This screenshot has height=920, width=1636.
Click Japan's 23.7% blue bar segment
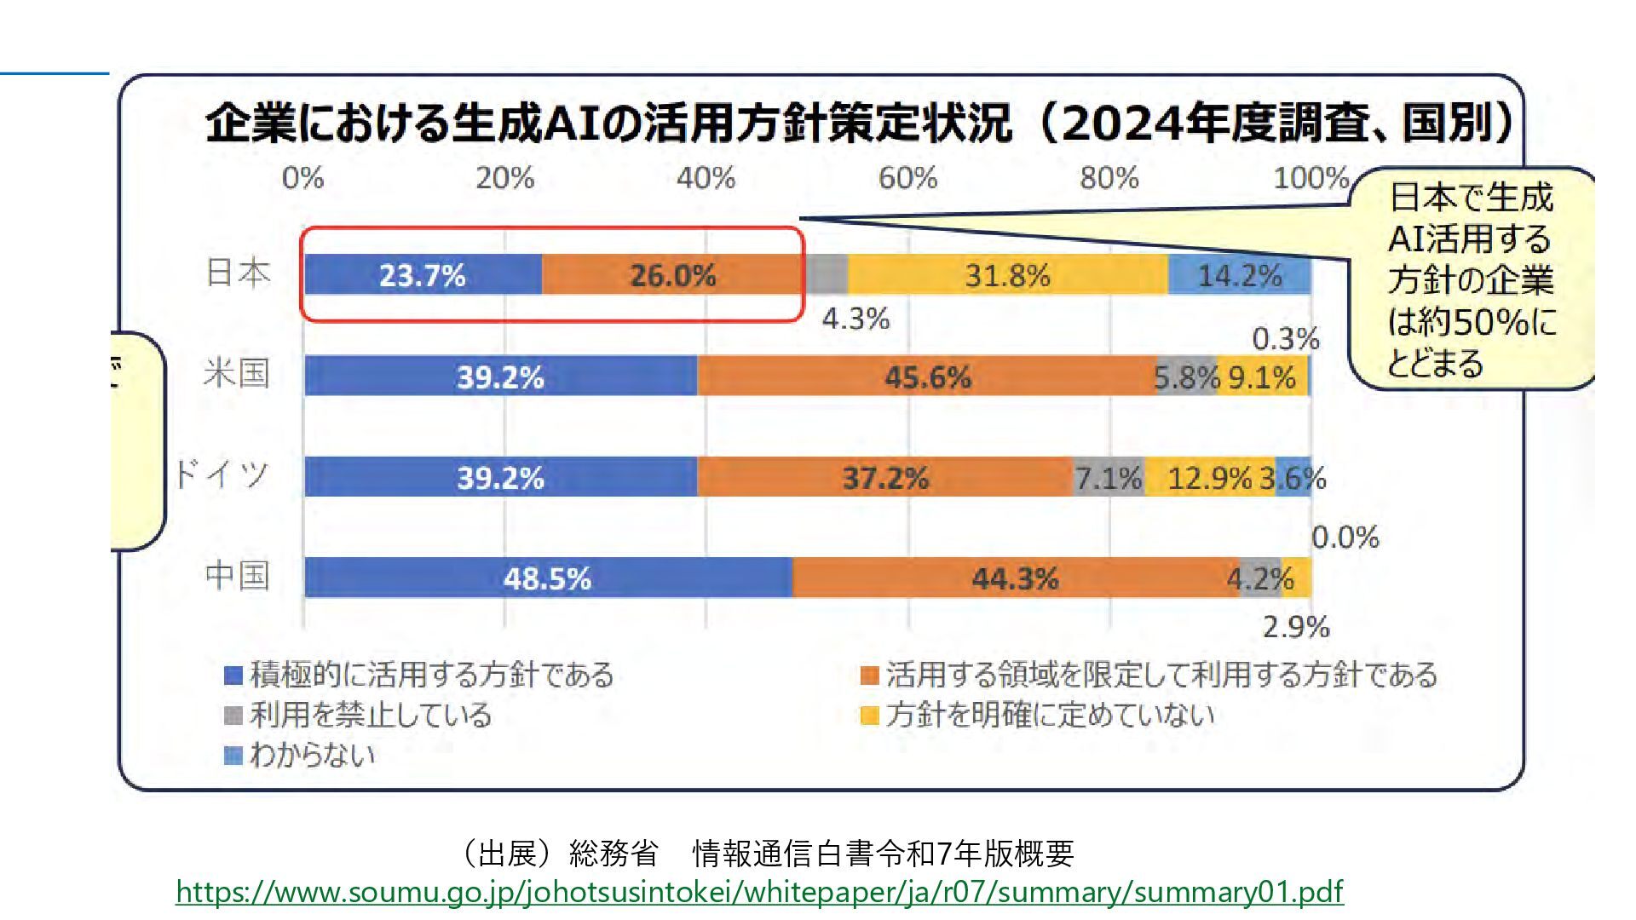tap(423, 275)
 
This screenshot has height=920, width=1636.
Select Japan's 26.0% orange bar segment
tap(672, 275)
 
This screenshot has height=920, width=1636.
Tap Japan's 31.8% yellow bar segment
tap(1007, 275)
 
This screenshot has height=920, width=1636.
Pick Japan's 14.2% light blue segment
tap(1239, 275)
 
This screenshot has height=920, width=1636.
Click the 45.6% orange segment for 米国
tap(928, 377)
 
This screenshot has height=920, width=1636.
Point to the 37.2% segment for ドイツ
tap(885, 477)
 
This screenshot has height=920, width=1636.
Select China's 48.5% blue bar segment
tap(547, 578)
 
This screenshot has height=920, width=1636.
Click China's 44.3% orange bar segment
tap(1015, 578)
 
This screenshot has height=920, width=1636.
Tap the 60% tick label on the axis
tap(908, 178)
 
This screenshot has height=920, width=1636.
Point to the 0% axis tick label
tap(303, 178)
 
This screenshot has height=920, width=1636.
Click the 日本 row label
tap(238, 273)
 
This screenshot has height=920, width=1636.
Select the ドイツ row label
tap(222, 474)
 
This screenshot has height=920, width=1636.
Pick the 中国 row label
tap(238, 576)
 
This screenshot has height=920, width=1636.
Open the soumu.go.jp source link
tap(759, 892)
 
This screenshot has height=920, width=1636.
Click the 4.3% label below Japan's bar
tap(855, 319)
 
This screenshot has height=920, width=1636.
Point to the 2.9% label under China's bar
tap(1296, 628)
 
